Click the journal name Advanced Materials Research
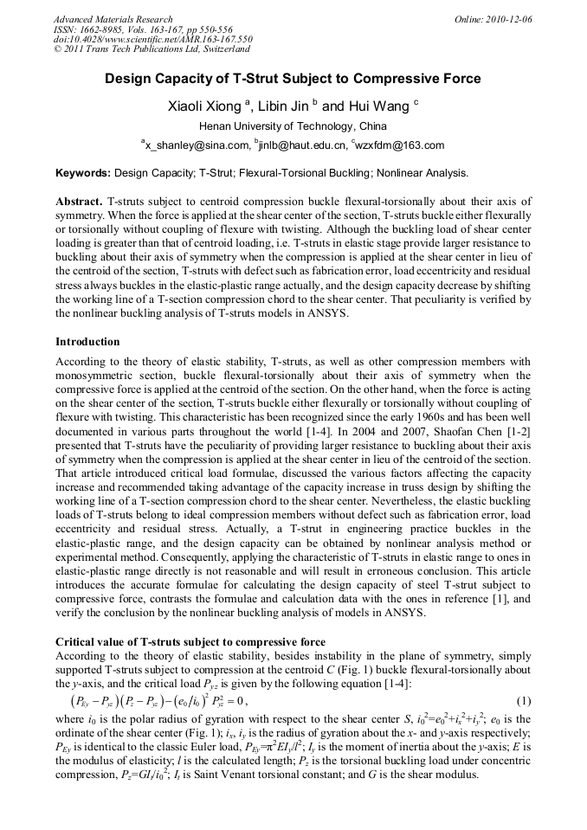(x=113, y=19)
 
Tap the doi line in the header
(x=152, y=40)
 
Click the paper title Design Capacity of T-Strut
(x=293, y=79)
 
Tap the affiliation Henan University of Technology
(x=293, y=126)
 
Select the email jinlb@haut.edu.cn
(x=300, y=145)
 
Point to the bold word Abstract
(x=79, y=201)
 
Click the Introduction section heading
(x=87, y=342)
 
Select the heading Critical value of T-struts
(x=190, y=642)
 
